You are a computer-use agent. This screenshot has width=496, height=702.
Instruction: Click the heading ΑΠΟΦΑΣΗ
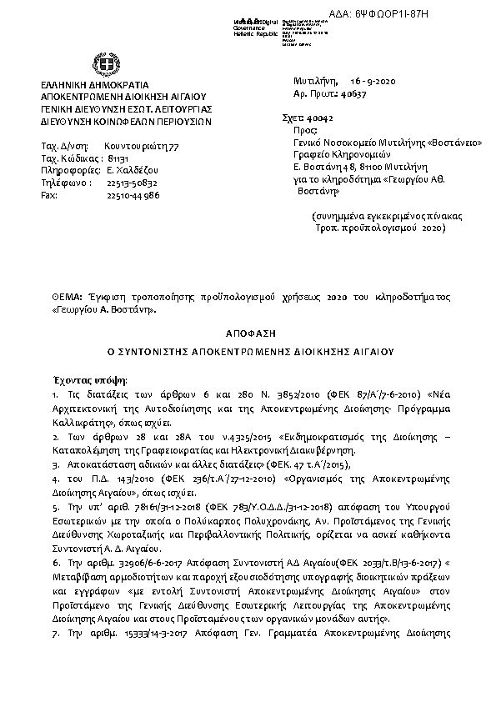[247, 330]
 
